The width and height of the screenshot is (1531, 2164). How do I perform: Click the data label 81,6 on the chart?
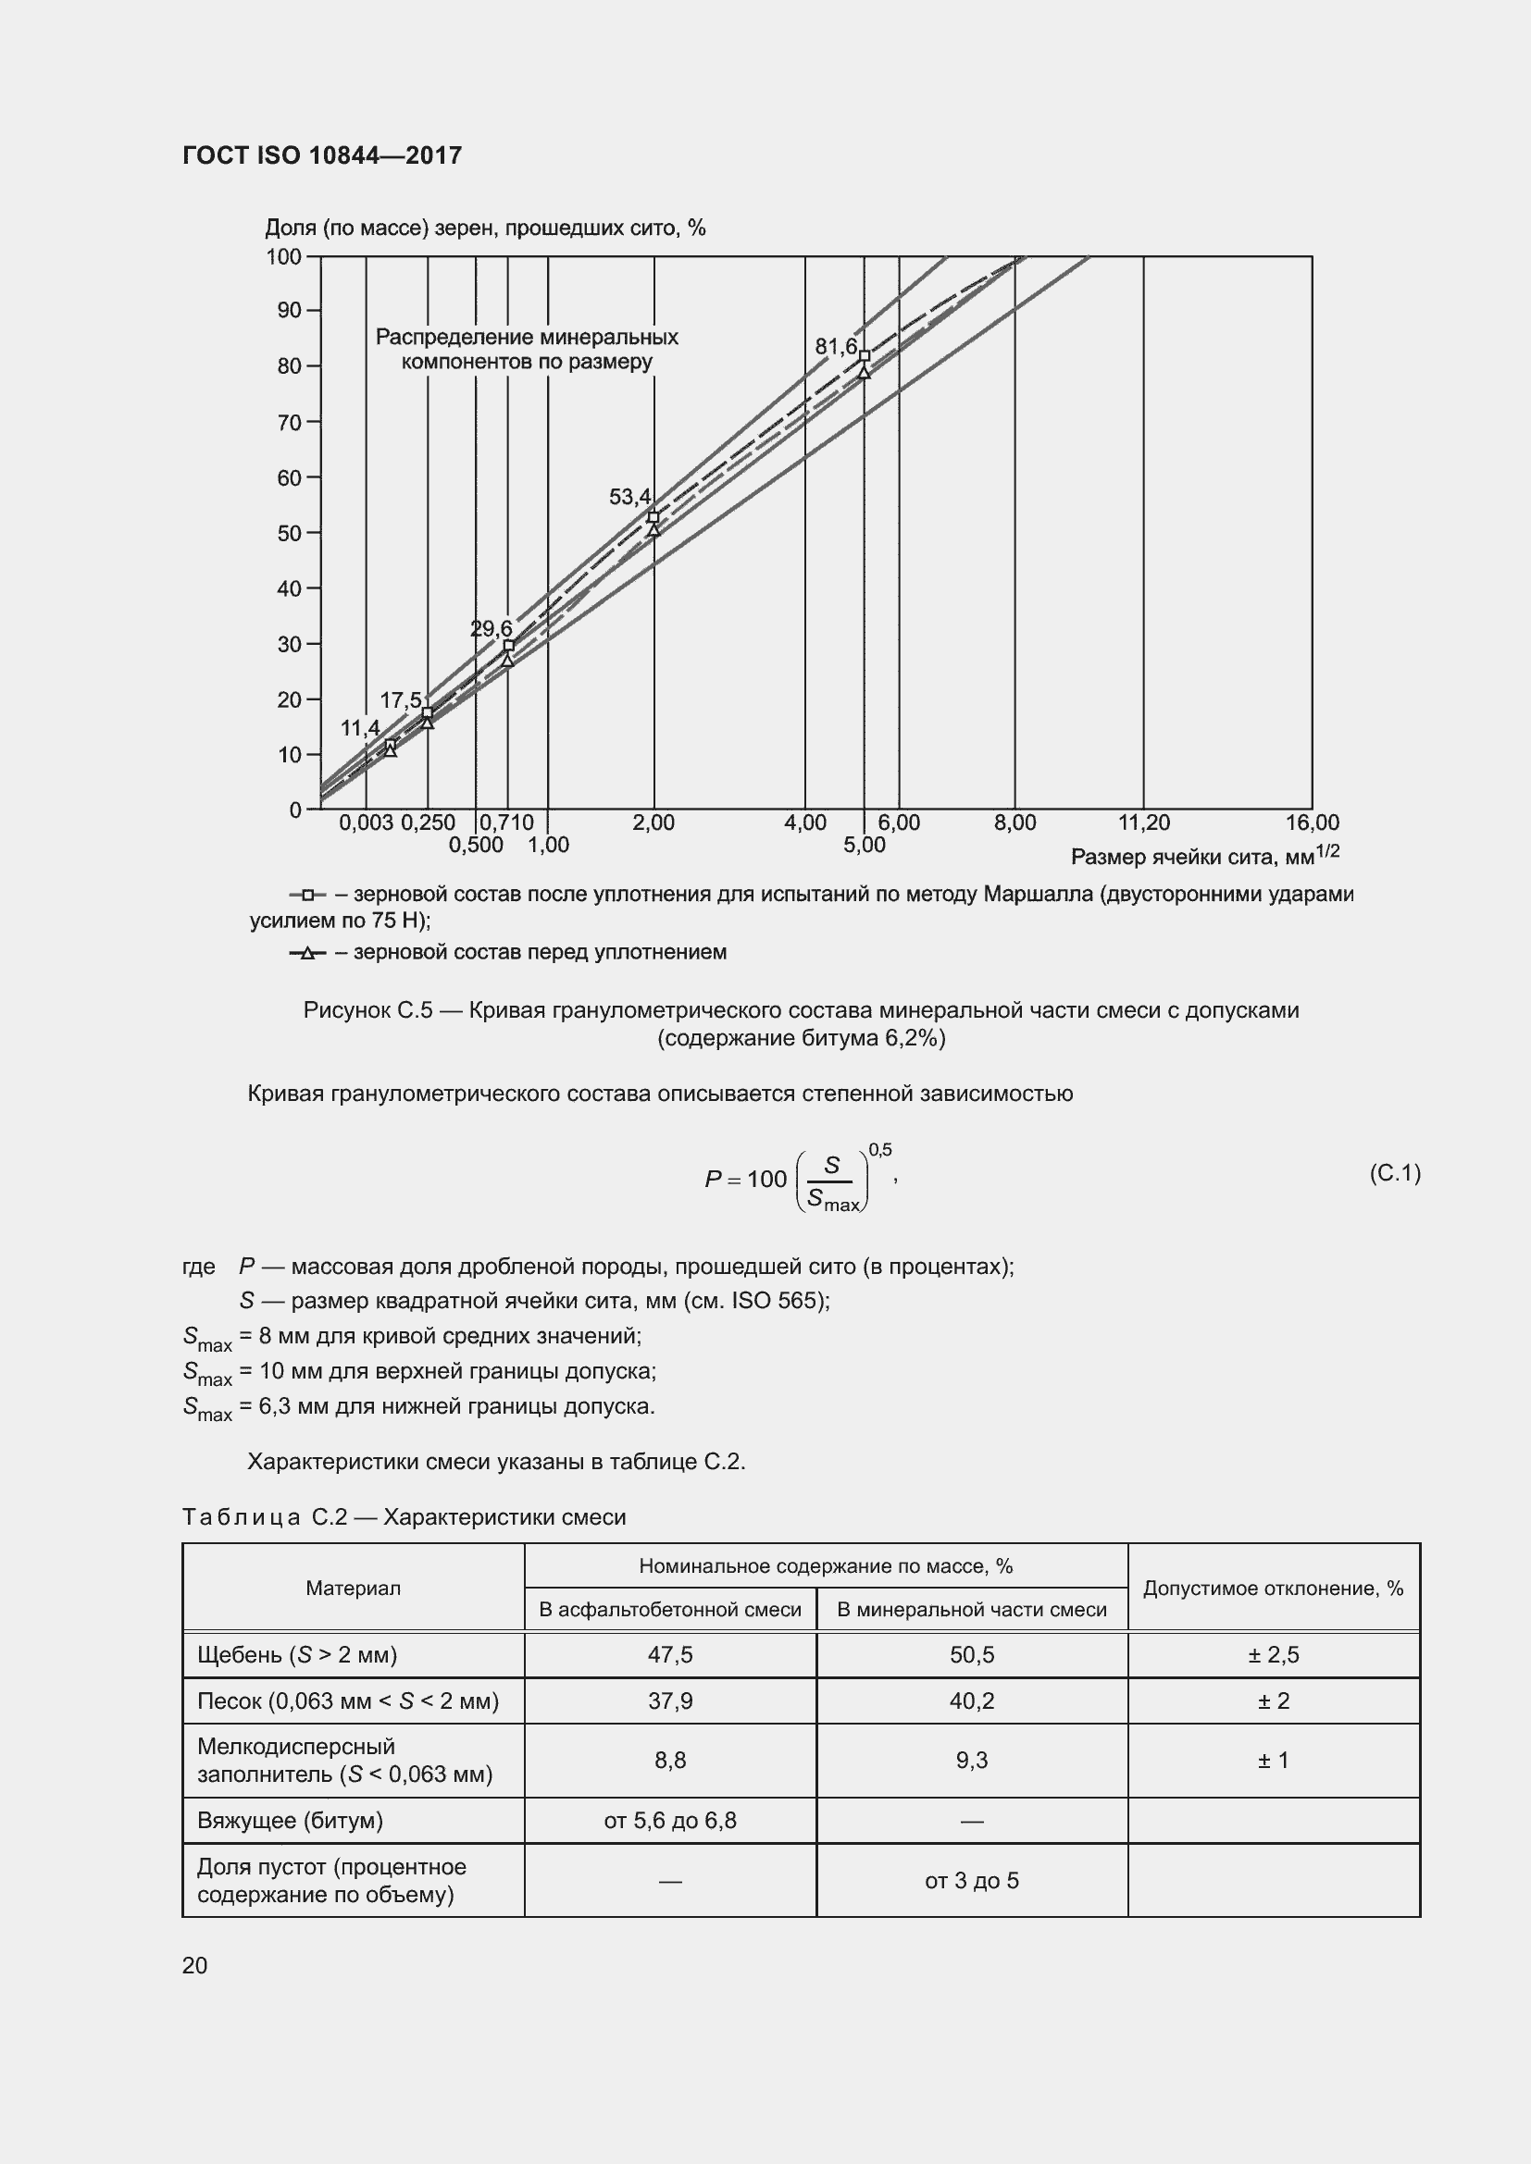(x=835, y=347)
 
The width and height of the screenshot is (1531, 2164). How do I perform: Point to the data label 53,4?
(x=629, y=497)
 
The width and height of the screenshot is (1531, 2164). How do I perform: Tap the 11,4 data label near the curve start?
(x=360, y=728)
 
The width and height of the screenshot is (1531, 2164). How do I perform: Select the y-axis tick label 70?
(x=289, y=422)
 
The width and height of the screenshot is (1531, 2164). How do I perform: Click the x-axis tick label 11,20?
(x=1143, y=822)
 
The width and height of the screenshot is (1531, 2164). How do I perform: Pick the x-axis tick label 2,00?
(x=653, y=822)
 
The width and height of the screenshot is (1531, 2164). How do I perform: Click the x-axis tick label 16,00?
(x=1312, y=822)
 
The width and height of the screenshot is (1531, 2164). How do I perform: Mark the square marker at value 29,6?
(x=509, y=646)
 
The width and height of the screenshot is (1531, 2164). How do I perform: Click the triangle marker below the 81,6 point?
(x=864, y=372)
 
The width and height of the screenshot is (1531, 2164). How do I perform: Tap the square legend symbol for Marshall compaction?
(x=307, y=895)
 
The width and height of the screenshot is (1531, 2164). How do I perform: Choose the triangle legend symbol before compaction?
(x=306, y=954)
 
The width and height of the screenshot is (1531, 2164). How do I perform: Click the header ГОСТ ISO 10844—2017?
(x=322, y=155)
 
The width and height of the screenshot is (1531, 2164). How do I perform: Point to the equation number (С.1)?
(x=1394, y=1172)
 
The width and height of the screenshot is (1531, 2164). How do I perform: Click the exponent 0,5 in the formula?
(x=879, y=1150)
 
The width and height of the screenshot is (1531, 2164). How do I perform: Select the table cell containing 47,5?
(x=670, y=1655)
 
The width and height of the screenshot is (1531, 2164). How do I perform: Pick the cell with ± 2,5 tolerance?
(x=1273, y=1655)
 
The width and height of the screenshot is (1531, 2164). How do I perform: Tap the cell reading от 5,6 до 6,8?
(x=670, y=1821)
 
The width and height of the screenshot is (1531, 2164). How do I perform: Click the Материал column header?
(x=354, y=1589)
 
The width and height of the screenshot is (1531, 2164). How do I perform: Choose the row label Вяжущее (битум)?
(x=291, y=1821)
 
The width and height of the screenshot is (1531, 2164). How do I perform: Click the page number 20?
(x=195, y=1965)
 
